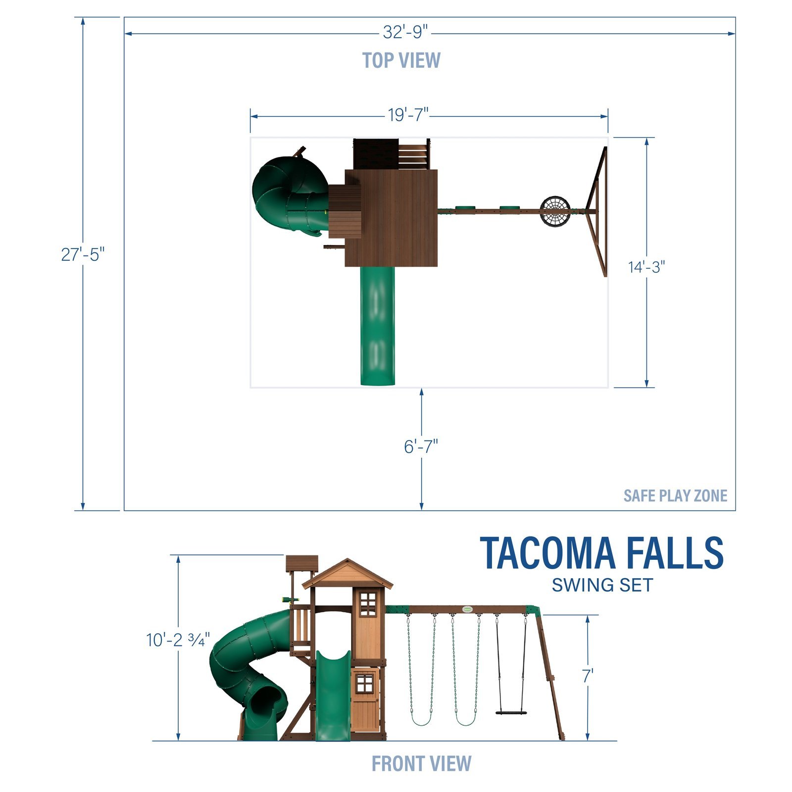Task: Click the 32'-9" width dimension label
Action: coord(404,32)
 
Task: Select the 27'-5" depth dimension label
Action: coord(83,254)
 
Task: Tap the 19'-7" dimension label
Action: coord(407,115)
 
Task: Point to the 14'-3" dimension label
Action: coord(646,267)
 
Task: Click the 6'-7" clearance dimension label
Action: coord(421,446)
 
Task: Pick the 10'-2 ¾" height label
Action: coord(178,640)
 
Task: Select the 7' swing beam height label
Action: coord(588,676)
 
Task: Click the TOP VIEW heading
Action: coord(401,60)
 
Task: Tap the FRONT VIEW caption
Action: coord(421,763)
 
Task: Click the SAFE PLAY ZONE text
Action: coord(675,495)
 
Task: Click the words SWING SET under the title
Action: coord(602,585)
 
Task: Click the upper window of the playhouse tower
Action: coord(368,604)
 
